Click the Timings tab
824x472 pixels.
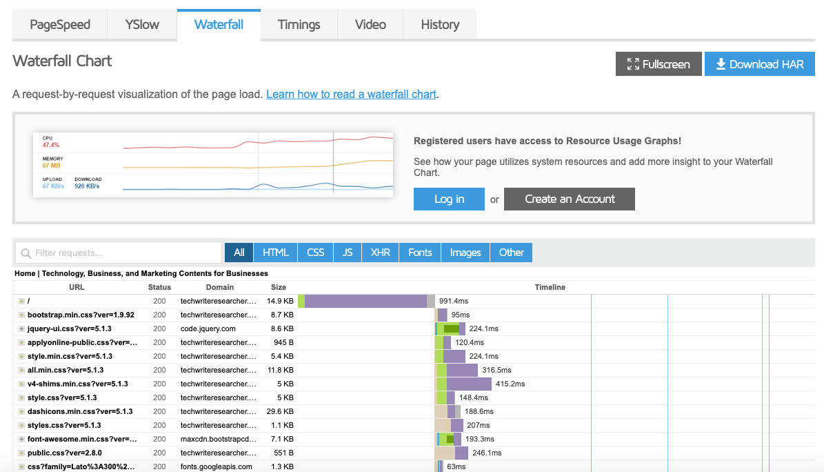(299, 25)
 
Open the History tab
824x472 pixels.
(440, 25)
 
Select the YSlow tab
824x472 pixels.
(142, 25)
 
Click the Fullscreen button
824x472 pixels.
(659, 64)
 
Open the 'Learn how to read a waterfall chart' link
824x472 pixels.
(352, 94)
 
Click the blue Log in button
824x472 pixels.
(449, 199)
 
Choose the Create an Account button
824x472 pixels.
(570, 199)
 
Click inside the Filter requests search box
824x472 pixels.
(119, 253)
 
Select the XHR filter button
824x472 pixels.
(380, 253)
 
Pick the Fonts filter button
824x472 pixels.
(420, 253)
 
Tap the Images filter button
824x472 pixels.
(465, 253)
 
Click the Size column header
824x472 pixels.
(279, 287)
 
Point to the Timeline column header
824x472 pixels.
(550, 287)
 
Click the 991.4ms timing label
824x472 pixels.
(454, 302)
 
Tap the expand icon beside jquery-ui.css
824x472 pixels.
(21, 329)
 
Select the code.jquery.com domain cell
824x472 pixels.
(208, 329)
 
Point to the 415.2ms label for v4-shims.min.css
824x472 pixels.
(510, 384)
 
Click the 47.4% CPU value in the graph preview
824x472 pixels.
(51, 145)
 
